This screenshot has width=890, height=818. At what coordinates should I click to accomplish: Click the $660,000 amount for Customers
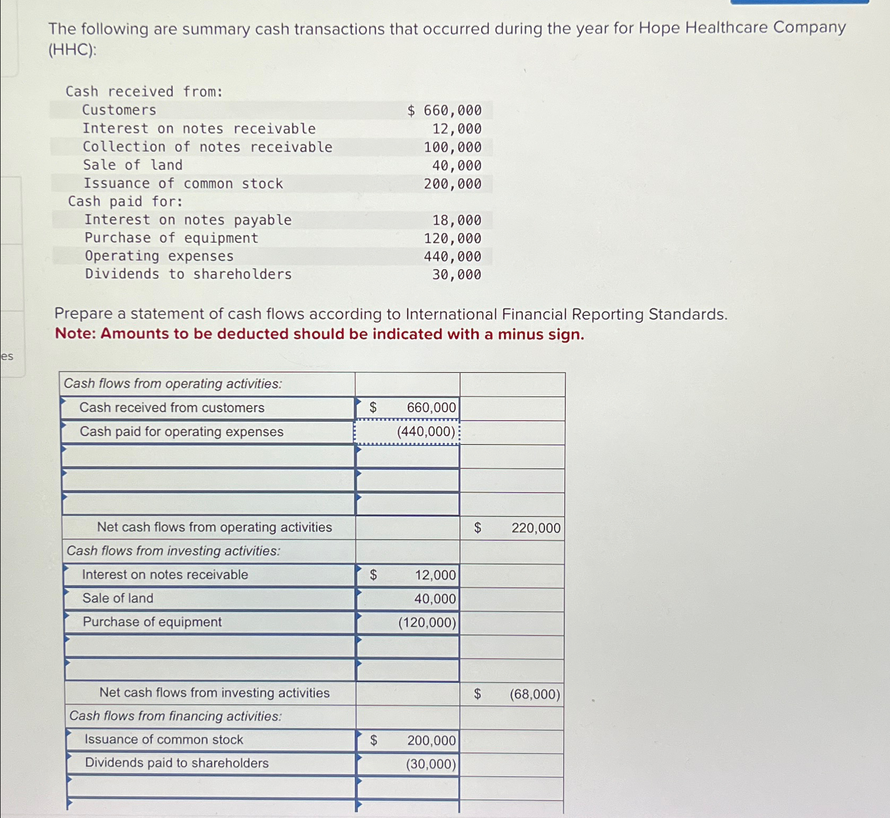coord(445,111)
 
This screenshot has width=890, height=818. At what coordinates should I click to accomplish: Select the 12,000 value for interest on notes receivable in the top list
coord(457,129)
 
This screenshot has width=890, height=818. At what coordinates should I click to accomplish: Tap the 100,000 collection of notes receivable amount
coord(453,147)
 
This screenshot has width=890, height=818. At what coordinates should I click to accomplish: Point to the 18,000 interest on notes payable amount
coord(457,220)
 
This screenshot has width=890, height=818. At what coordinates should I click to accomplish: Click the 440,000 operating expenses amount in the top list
coord(453,257)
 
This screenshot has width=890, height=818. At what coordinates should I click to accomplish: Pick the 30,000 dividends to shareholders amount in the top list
coord(457,275)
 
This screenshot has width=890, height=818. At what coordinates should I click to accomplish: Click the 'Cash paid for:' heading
coord(125,202)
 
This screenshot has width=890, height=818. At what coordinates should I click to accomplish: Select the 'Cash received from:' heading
coord(144,92)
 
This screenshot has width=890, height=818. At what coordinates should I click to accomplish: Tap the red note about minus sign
coord(319,334)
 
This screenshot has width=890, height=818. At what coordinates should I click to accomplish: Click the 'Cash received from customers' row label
coord(172,408)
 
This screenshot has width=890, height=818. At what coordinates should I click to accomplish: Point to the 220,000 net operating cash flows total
coord(536,528)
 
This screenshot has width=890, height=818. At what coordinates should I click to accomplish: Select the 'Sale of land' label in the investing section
coord(118,598)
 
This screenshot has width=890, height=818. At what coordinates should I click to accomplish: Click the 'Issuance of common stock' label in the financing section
coord(164,740)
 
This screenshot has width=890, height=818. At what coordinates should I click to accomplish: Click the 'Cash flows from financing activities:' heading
coord(176,716)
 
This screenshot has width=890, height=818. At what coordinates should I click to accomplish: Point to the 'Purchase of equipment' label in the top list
coord(171,238)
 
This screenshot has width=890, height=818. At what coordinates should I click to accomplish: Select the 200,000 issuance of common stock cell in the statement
coord(431,741)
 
